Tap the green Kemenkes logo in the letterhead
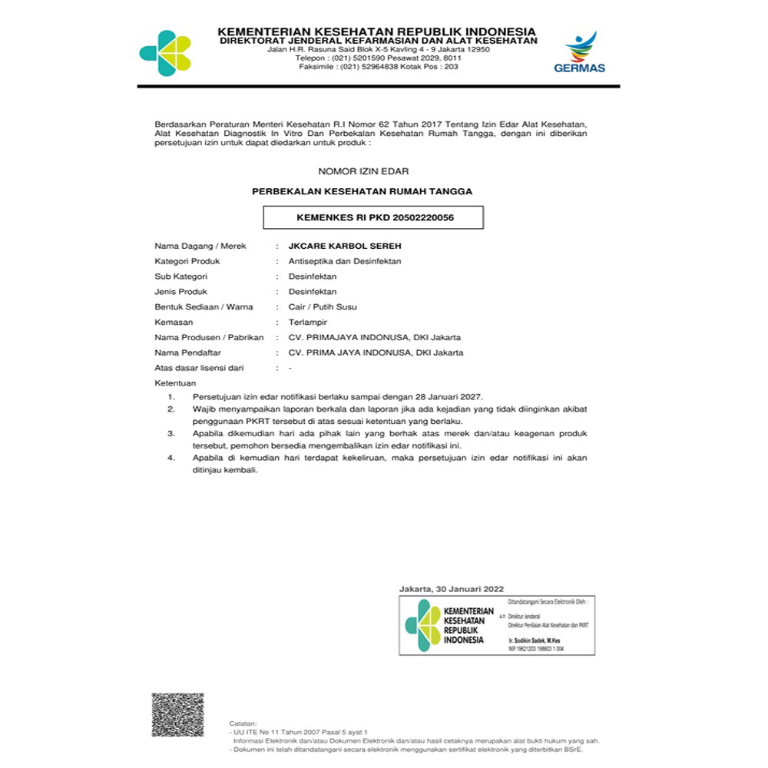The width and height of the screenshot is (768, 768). [164, 53]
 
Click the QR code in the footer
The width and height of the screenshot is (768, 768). [177, 714]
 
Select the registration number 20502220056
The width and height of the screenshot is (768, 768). [422, 217]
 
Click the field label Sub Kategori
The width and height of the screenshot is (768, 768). [181, 276]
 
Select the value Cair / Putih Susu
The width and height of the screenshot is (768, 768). [322, 307]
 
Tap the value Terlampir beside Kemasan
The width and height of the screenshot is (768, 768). [306, 323]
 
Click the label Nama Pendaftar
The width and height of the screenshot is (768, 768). [187, 353]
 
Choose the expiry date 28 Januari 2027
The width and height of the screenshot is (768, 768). [447, 396]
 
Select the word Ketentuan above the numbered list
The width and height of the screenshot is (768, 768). [175, 382]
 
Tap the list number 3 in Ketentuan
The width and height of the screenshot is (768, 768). [172, 433]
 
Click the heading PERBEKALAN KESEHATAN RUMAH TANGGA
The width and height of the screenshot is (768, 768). [362, 190]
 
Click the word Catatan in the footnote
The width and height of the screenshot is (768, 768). [243, 723]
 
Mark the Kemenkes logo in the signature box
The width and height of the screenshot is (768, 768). [422, 625]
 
